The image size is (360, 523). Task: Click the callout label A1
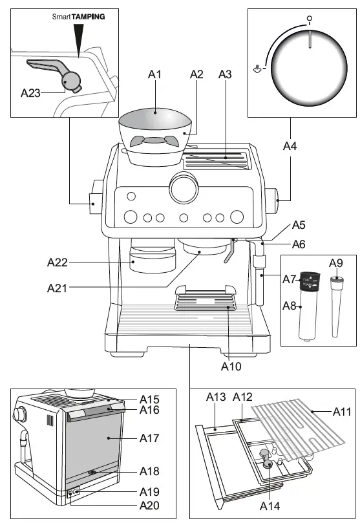click(154, 76)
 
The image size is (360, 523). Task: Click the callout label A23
click(30, 92)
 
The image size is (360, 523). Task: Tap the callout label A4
click(291, 147)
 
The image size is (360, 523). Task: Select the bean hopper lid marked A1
click(155, 118)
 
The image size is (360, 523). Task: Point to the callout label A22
click(58, 262)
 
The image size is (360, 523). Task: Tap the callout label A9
click(335, 262)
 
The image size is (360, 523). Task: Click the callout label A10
click(231, 367)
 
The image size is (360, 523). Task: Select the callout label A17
click(149, 438)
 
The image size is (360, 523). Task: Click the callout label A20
click(149, 505)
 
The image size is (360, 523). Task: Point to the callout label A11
click(343, 411)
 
